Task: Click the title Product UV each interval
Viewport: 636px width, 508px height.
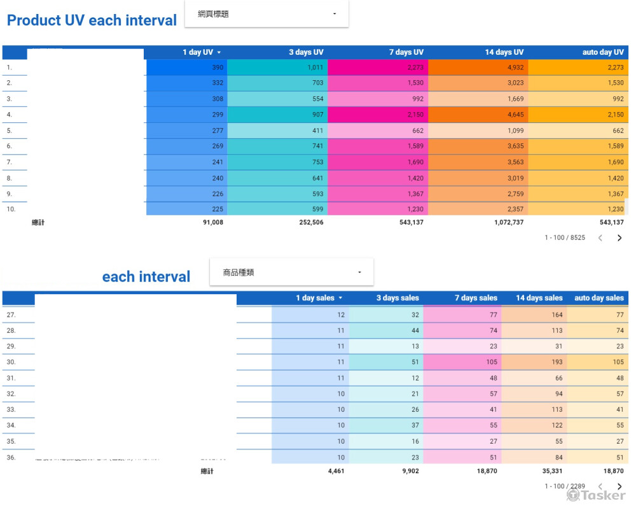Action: (x=92, y=20)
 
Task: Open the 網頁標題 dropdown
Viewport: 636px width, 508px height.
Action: (x=266, y=14)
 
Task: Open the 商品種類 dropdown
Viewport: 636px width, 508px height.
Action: (x=291, y=272)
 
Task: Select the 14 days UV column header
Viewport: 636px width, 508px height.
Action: (x=504, y=52)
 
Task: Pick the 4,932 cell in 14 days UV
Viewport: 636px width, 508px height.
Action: (x=515, y=67)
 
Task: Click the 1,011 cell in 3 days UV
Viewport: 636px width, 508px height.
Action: (x=315, y=67)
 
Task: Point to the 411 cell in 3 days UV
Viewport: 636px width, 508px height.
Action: (x=317, y=131)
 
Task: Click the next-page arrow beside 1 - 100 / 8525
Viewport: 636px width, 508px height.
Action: (x=619, y=238)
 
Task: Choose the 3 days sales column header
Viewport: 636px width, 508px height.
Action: (x=397, y=298)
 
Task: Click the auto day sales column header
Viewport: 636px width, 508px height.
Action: (x=599, y=298)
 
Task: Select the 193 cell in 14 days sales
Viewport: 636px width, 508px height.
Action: (x=557, y=362)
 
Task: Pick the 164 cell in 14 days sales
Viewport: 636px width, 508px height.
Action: (x=557, y=314)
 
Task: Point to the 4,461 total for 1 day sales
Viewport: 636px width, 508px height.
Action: (x=336, y=472)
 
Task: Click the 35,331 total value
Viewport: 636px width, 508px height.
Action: (x=550, y=472)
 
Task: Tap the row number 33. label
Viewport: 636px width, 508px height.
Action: (x=11, y=409)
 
